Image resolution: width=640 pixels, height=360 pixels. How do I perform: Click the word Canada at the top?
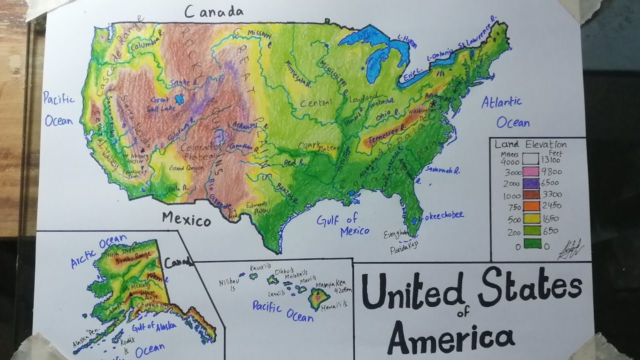tap(213, 12)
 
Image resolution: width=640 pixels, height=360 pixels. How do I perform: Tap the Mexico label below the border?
tap(186, 219)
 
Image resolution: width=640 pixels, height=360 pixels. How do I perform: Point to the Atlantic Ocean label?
tap(505, 112)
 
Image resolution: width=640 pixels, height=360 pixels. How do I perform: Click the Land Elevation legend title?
tap(530, 144)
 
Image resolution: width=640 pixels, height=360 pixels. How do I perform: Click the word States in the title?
tap(530, 289)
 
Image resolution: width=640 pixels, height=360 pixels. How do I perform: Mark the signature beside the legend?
tap(571, 249)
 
